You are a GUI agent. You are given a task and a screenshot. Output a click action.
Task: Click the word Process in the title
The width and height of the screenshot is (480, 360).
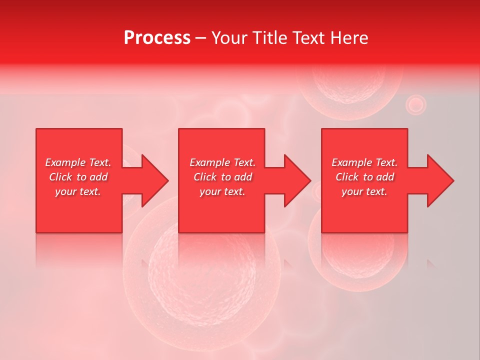click(x=157, y=38)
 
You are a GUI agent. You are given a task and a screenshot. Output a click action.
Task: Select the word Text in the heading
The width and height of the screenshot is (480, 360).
click(x=307, y=38)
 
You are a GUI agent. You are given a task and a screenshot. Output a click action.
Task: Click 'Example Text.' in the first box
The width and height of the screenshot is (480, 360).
click(x=78, y=162)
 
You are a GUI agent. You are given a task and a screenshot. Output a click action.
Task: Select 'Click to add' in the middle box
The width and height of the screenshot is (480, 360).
click(x=222, y=177)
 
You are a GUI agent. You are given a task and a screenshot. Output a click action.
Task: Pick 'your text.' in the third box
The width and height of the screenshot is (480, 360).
click(x=364, y=191)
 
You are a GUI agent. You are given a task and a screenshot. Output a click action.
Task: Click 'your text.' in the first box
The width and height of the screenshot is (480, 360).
click(x=78, y=191)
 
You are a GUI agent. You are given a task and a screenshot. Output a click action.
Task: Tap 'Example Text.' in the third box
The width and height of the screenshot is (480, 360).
click(x=364, y=162)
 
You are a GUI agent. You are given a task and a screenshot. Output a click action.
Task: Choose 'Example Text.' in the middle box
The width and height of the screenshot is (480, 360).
click(x=222, y=162)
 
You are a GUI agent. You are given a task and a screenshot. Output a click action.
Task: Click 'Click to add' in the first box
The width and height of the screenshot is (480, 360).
click(x=78, y=177)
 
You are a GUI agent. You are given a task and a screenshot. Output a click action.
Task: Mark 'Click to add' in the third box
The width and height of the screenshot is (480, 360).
click(x=364, y=177)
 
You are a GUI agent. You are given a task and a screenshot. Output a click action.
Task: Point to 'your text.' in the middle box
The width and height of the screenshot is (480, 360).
click(x=222, y=191)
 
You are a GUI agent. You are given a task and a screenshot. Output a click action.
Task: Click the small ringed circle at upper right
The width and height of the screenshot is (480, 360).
click(x=415, y=105)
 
